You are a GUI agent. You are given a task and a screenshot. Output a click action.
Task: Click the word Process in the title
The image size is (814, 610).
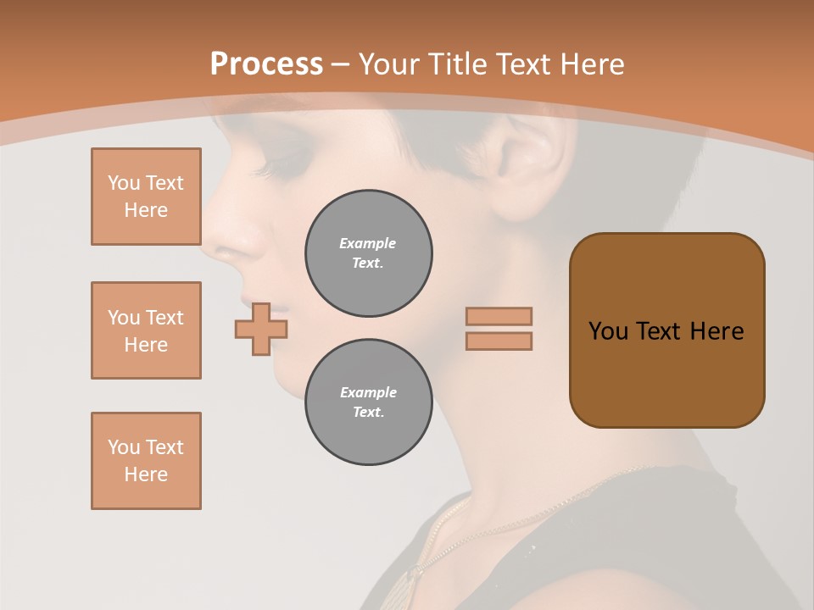(266, 64)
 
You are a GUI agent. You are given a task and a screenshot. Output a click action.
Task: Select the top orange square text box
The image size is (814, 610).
(146, 197)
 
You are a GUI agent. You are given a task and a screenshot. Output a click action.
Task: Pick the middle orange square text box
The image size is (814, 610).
(146, 330)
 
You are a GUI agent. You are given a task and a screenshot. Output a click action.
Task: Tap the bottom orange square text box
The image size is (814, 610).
(146, 461)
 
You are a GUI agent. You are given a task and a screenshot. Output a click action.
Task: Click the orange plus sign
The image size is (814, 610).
(261, 329)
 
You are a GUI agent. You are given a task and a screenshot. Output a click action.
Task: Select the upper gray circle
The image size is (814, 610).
(369, 253)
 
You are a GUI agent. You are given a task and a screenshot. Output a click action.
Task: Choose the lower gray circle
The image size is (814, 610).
(369, 402)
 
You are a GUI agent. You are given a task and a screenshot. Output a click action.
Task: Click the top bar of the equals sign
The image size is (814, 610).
(499, 316)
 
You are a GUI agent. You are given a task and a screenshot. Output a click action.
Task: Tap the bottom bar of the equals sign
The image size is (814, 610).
(499, 341)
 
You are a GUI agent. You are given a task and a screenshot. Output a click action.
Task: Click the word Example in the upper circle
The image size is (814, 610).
(368, 243)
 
